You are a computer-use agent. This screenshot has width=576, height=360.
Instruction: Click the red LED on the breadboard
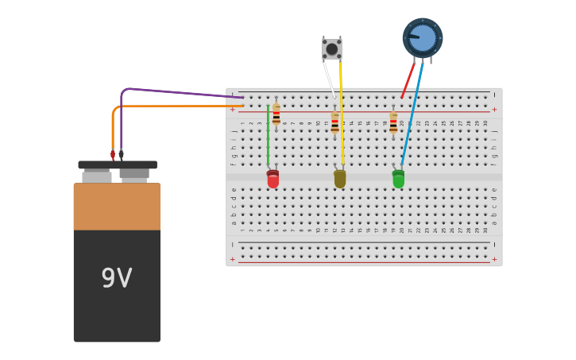[x=273, y=179]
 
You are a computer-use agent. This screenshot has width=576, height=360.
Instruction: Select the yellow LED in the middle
[x=340, y=179]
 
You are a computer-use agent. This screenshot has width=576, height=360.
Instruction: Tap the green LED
[x=398, y=179]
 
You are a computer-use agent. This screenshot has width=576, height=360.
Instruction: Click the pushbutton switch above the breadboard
[x=332, y=49]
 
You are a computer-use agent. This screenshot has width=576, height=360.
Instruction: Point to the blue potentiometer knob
[x=423, y=38]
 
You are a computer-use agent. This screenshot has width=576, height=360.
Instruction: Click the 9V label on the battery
[x=117, y=278]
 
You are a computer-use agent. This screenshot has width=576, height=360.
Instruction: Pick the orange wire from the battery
[x=175, y=106]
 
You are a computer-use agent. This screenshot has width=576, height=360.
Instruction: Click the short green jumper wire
[x=268, y=135]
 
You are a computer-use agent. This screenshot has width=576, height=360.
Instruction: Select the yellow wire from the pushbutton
[x=342, y=111]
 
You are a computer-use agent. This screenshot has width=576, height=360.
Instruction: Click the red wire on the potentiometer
[x=408, y=79]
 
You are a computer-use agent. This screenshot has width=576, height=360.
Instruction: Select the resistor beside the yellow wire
[x=334, y=122]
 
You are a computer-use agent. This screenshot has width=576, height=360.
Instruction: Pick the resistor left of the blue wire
[x=393, y=122]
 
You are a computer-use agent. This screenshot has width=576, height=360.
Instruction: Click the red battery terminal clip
[x=113, y=156]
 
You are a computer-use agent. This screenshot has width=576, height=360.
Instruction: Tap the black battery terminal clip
[x=122, y=156]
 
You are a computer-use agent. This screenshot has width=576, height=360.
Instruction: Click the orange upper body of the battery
[x=117, y=207]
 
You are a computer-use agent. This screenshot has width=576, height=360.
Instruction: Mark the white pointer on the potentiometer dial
[x=414, y=36]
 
